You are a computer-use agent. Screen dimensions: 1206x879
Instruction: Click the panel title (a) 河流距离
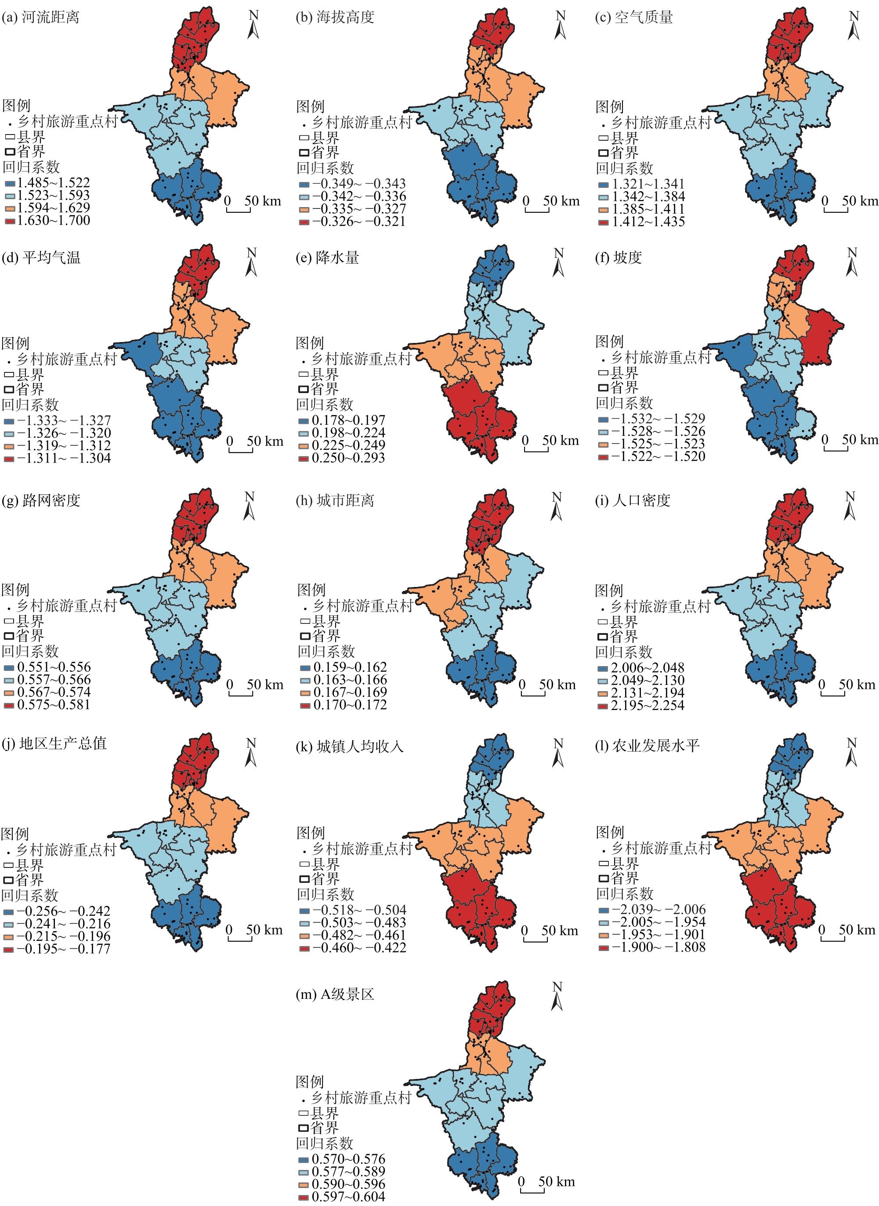pyautogui.click(x=40, y=18)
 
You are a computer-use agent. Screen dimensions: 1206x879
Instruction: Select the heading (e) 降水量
pyautogui.click(x=327, y=258)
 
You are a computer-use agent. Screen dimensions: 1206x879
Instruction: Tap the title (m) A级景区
pyautogui.click(x=335, y=995)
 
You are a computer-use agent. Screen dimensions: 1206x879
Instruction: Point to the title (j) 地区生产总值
pyautogui.click(x=54, y=744)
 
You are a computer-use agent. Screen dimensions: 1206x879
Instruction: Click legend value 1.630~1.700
pyautogui.click(x=53, y=220)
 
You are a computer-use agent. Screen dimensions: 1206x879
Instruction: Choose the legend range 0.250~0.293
pyautogui.click(x=348, y=458)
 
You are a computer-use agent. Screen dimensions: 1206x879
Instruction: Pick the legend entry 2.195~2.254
pyautogui.click(x=647, y=706)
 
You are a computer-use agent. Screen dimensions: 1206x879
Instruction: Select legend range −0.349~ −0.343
pyautogui.click(x=358, y=184)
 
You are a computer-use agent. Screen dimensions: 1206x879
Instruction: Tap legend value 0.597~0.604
pyautogui.click(x=348, y=1197)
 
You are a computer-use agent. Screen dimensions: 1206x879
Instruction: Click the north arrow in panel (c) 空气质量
pyautogui.click(x=854, y=25)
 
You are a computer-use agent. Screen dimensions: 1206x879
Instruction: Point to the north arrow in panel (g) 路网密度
pyautogui.click(x=250, y=506)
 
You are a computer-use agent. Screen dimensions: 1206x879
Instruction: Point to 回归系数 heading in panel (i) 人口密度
pyautogui.click(x=624, y=652)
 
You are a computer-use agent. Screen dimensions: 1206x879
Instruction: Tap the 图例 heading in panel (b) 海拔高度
pyautogui.click(x=310, y=107)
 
